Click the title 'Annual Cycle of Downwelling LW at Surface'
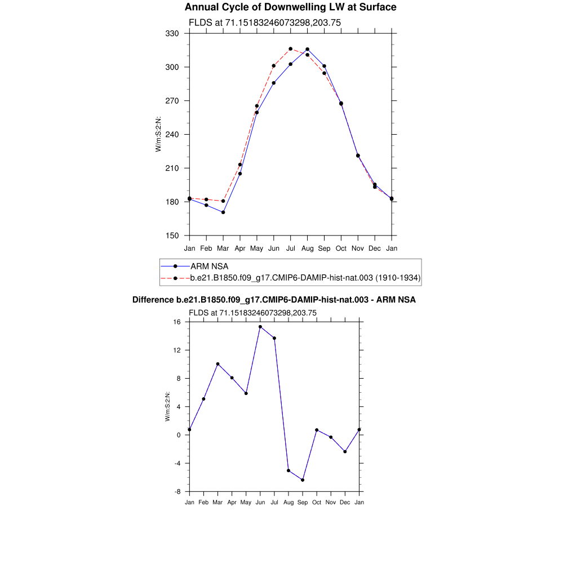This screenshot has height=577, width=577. click(290, 7)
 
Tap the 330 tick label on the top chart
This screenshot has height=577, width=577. click(172, 34)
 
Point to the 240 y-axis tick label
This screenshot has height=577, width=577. click(172, 135)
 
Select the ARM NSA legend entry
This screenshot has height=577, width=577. click(209, 266)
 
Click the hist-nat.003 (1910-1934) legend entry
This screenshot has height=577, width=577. click(305, 278)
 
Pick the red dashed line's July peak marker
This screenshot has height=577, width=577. click(290, 49)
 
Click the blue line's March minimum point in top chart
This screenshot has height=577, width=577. click(223, 212)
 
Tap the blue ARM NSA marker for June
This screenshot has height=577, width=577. click(274, 83)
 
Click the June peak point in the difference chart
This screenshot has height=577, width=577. click(260, 327)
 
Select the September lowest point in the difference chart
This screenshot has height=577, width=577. click(303, 480)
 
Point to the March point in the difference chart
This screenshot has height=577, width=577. click(218, 364)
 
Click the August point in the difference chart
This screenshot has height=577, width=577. click(288, 471)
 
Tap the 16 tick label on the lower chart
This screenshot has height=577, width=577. click(176, 322)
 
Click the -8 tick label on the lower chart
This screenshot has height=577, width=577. click(176, 491)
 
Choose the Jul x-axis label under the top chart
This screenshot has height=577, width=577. click(290, 248)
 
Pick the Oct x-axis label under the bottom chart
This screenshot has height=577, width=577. click(317, 502)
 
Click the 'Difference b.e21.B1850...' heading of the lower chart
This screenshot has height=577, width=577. click(274, 300)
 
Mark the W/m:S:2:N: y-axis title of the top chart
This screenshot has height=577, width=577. click(159, 135)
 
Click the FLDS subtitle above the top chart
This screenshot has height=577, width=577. click(264, 23)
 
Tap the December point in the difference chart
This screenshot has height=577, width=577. click(345, 451)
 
